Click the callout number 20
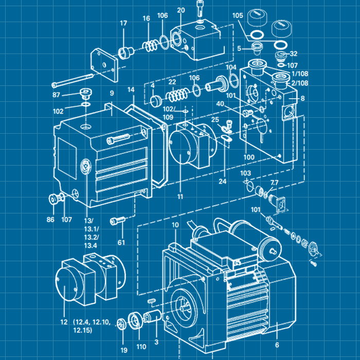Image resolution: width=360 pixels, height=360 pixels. pyautogui.click(x=181, y=10)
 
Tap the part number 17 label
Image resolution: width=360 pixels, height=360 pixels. pyautogui.click(x=123, y=23)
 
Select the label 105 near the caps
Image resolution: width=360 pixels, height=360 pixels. pyautogui.click(x=237, y=15)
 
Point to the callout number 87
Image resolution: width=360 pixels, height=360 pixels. pyautogui.click(x=57, y=95)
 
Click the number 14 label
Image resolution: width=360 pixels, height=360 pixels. pyautogui.click(x=131, y=89)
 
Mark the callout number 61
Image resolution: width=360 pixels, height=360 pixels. pyautogui.click(x=121, y=242)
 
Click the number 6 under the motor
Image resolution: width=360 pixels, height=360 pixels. pyautogui.click(x=277, y=345)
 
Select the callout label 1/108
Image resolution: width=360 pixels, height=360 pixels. pyautogui.click(x=300, y=74)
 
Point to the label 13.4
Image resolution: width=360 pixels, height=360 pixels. pyautogui.click(x=91, y=245)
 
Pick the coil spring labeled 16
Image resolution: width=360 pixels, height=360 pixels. pyautogui.click(x=149, y=46)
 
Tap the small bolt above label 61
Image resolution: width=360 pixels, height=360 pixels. pyautogui.click(x=121, y=220)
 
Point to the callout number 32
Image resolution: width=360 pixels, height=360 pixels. pyautogui.click(x=293, y=53)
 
